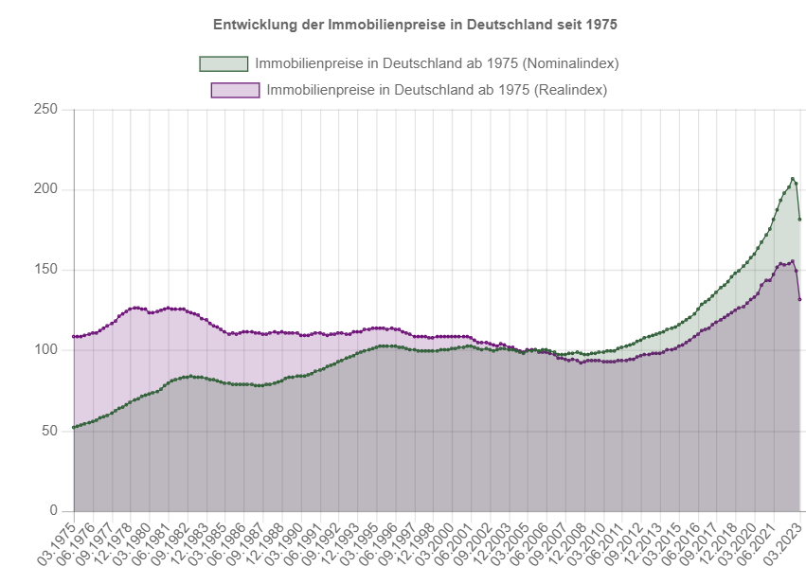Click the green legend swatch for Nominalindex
click(224, 63)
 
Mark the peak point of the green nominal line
click(793, 178)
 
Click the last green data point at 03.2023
click(800, 220)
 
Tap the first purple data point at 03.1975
click(74, 337)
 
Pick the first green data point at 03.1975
click(74, 428)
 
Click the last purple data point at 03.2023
click(800, 299)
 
